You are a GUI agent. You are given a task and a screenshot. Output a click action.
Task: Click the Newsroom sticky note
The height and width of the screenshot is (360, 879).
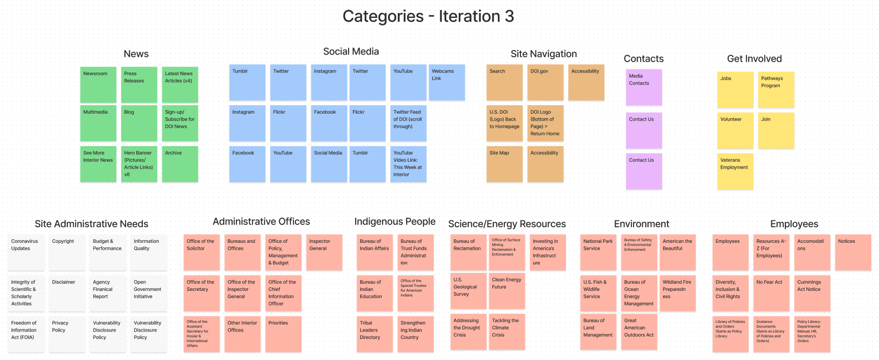98,85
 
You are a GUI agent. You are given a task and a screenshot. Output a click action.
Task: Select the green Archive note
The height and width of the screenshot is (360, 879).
180,164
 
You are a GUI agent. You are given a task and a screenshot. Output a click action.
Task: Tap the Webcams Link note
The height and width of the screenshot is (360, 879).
447,82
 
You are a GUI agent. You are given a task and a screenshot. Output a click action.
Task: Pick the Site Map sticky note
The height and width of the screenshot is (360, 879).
504,164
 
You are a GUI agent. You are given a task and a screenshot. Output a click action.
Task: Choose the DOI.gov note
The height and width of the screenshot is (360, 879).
545,82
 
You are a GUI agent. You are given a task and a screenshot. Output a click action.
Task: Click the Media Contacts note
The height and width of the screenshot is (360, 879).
644,87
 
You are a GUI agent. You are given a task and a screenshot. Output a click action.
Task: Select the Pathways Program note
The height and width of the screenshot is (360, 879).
776,90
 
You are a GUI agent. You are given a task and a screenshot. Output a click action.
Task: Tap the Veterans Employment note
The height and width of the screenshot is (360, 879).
735,171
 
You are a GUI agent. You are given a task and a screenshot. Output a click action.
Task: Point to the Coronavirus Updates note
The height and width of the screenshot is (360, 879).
26,252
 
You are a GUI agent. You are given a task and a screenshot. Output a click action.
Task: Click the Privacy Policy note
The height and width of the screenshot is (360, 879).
67,334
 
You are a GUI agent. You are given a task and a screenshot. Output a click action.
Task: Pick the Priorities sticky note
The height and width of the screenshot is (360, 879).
283,334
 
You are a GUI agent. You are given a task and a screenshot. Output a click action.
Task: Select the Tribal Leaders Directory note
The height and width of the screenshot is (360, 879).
374,334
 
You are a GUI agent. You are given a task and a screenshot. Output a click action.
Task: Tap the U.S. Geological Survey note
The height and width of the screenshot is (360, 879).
468,291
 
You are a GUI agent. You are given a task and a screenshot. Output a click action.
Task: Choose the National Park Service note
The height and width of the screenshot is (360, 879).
598,252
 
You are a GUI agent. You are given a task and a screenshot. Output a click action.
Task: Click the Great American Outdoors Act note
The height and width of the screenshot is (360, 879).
639,331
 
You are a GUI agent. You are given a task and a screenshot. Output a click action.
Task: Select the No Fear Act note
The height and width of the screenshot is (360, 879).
771,293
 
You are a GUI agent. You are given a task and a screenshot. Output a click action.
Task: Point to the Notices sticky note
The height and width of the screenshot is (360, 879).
853,252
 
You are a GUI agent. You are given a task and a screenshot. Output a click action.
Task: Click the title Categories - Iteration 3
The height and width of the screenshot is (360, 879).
428,17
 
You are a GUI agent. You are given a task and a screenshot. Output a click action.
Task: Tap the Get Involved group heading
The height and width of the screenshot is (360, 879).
754,59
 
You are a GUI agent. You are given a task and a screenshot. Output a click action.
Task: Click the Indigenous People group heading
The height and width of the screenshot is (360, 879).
395,221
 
